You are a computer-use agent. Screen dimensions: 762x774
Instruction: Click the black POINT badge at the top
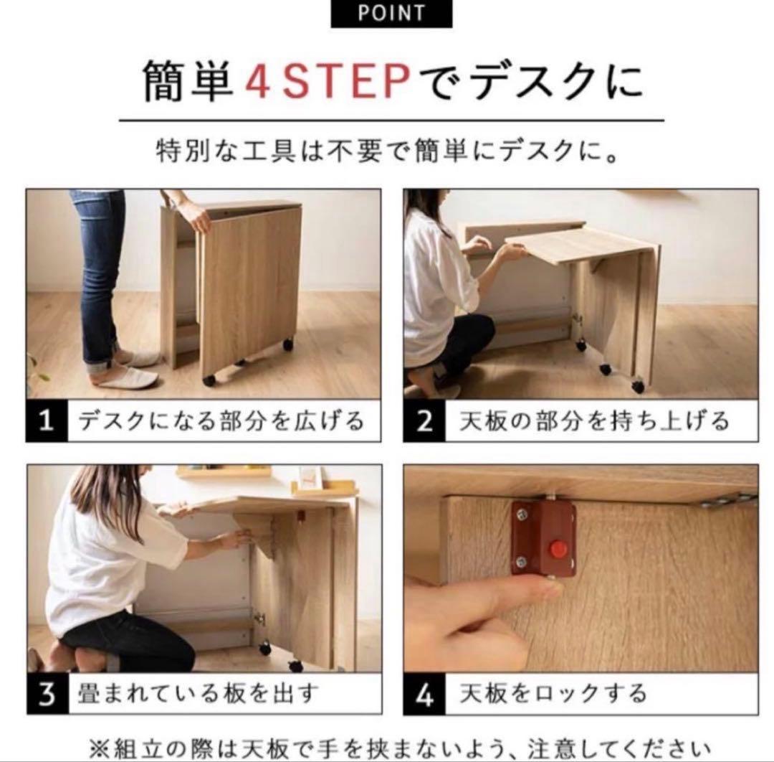391,14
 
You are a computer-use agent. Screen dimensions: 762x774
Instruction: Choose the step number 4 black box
424,695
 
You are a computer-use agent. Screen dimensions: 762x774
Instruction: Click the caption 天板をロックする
553,695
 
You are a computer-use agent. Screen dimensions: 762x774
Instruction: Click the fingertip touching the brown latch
548,589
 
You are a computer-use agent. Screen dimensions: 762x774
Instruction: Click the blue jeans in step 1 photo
98,273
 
